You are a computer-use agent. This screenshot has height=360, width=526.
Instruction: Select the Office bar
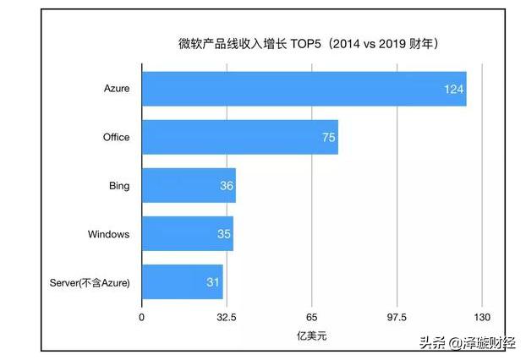tap(239, 137)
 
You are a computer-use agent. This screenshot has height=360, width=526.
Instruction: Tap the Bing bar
tap(188, 185)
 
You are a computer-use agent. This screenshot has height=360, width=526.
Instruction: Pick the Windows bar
tap(187, 233)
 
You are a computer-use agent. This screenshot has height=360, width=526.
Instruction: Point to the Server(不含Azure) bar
tap(182, 281)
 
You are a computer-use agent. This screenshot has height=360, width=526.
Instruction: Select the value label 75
tap(328, 137)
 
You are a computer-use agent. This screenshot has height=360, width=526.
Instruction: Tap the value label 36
tap(226, 185)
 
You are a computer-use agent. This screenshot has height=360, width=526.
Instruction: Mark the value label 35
tap(223, 233)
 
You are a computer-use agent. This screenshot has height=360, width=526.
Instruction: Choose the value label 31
tap(214, 281)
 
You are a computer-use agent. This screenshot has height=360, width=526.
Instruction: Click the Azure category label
tap(117, 89)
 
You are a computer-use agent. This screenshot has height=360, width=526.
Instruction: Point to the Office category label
tap(115, 137)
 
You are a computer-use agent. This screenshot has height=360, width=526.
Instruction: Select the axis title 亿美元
tap(311, 336)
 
